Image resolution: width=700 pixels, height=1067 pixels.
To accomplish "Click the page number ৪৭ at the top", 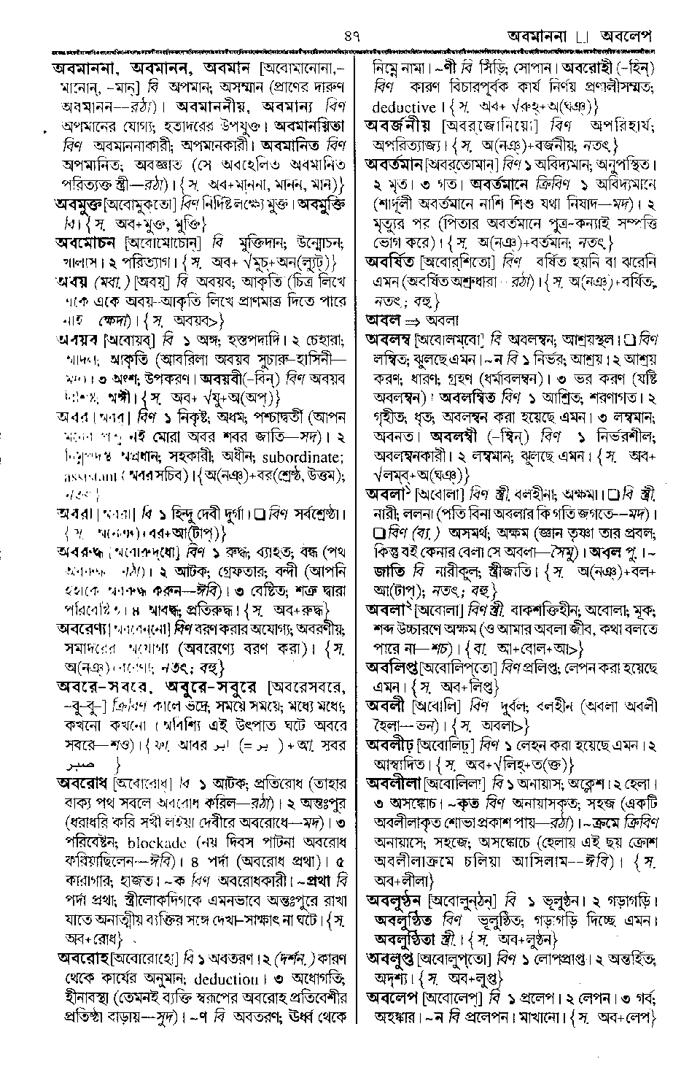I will [x=351, y=34].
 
